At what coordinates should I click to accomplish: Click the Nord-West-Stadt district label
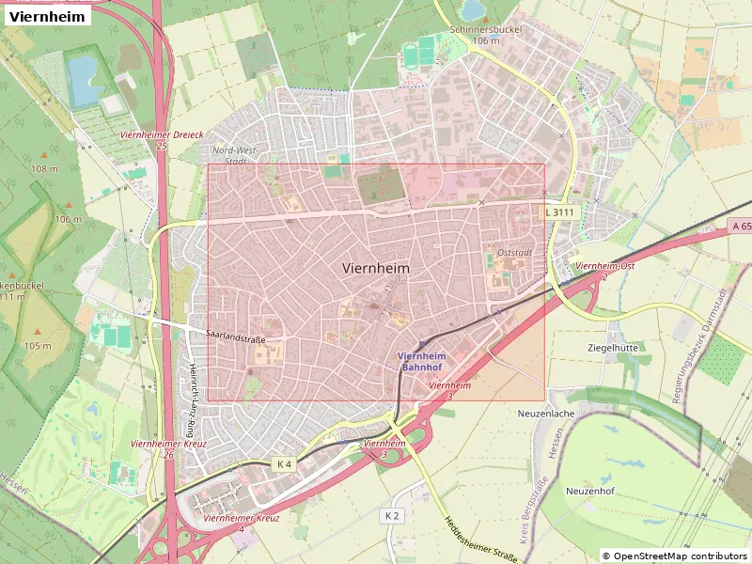(x=234, y=155)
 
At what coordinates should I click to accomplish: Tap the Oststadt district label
(x=515, y=252)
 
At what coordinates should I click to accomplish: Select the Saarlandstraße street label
(x=236, y=339)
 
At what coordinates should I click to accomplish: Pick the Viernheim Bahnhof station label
(x=422, y=362)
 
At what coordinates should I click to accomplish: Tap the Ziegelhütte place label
(x=612, y=347)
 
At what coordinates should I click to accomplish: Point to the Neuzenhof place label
(x=590, y=491)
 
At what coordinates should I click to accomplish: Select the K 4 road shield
(x=284, y=464)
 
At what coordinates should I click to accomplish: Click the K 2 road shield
(x=392, y=516)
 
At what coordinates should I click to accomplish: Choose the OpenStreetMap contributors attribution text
(x=675, y=556)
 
